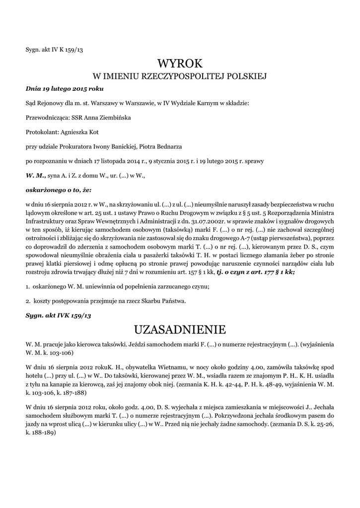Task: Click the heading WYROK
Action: (x=180, y=63)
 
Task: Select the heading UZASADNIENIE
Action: (x=180, y=329)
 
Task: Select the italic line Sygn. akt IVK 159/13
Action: (x=59, y=315)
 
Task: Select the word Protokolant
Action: (x=42, y=132)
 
